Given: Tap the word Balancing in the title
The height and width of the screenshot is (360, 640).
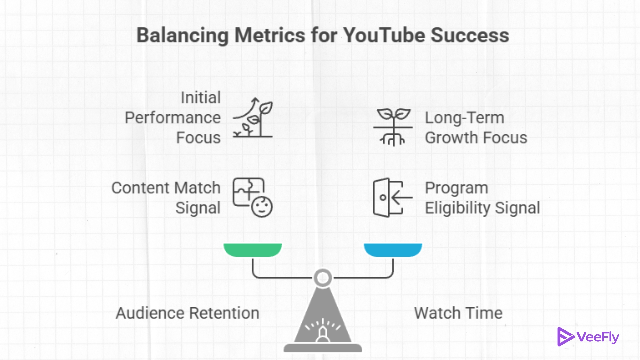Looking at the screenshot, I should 182,35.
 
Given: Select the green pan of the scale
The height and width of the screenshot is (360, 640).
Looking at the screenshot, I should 253,250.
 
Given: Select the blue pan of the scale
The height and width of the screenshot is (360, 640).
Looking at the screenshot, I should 393,250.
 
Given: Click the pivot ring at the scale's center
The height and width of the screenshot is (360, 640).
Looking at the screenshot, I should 323,278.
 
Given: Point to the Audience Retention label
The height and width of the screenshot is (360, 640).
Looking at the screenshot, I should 187,313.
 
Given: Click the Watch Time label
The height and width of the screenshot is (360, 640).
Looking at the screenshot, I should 458,313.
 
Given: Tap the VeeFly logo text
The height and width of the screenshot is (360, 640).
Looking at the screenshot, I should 598,337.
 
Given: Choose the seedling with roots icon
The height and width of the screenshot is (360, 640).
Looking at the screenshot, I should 393,127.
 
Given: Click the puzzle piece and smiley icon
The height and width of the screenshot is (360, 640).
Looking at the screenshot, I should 252,197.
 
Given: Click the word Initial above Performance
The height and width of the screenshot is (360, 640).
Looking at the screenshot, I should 201,98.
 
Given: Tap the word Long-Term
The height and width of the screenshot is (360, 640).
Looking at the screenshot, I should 464,118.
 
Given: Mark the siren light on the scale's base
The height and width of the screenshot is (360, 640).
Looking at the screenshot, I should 323,333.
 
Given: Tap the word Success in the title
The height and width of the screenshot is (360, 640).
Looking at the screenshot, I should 470,35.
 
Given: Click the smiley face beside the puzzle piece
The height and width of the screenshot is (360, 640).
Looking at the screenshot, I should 262,207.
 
